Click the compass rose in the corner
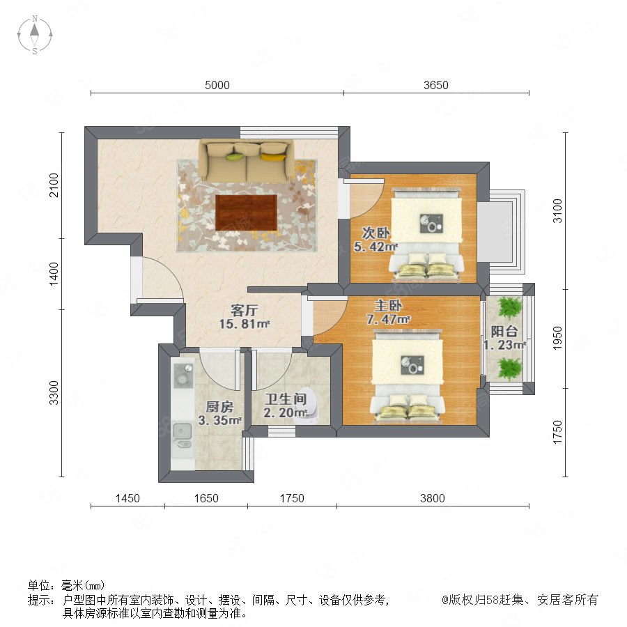pyautogui.click(x=35, y=35)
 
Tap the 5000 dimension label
pyautogui.click(x=217, y=85)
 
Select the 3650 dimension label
pyautogui.click(x=436, y=85)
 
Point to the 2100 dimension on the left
pyautogui.click(x=54, y=185)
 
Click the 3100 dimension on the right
pyautogui.click(x=557, y=210)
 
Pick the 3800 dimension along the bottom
pyautogui.click(x=432, y=498)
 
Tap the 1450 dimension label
pyautogui.click(x=127, y=498)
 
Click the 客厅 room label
pyautogui.click(x=245, y=310)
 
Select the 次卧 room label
pyautogui.click(x=376, y=233)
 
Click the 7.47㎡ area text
pyautogui.click(x=388, y=320)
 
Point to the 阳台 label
pyautogui.click(x=504, y=331)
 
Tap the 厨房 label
pyautogui.click(x=219, y=407)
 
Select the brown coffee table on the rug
pyautogui.click(x=247, y=212)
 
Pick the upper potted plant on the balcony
pyautogui.click(x=509, y=307)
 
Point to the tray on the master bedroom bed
pyautogui.click(x=412, y=365)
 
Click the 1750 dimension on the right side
pyautogui.click(x=557, y=432)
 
